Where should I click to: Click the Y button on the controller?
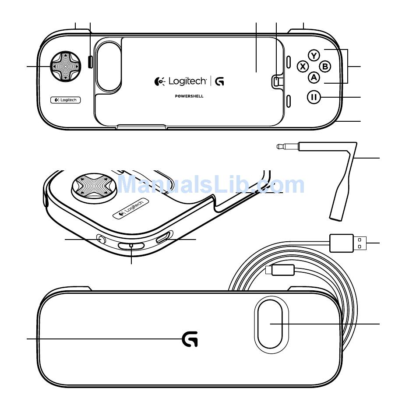tap(314, 56)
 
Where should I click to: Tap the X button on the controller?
tap(303, 66)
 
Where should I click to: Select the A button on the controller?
tap(314, 78)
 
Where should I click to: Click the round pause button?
tap(314, 97)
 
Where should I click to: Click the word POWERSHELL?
tap(189, 96)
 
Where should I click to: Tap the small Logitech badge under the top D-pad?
tap(66, 100)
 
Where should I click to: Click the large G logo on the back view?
tap(190, 339)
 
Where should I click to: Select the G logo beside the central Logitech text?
tap(219, 81)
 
